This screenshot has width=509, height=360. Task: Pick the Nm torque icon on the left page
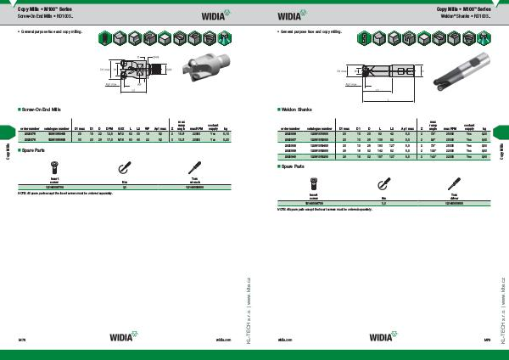click(x=124, y=165)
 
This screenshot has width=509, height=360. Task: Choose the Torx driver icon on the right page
click(x=447, y=183)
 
